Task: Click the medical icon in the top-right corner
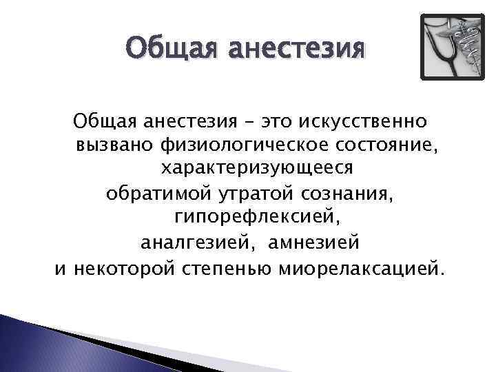pos(453,47)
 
